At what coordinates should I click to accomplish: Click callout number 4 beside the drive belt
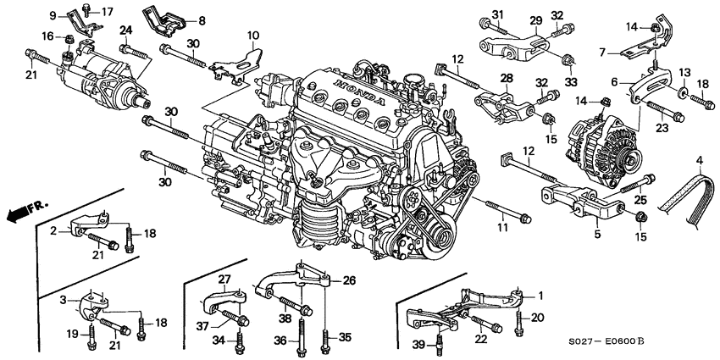coord(700,159)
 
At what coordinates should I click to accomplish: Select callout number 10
coord(252,35)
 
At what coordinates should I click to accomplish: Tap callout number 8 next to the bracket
coord(201,19)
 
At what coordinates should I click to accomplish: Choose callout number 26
coord(348,280)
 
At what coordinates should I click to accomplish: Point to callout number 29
coord(536,19)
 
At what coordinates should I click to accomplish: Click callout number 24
coord(125,31)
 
